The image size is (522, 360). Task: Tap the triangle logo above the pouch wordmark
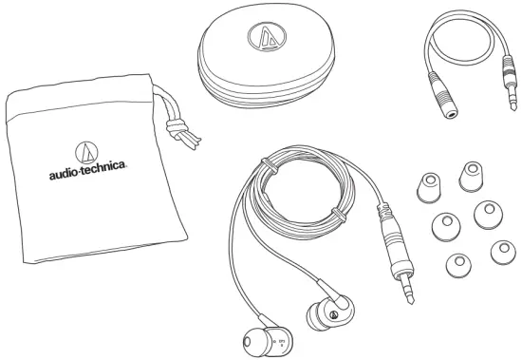point(88,152)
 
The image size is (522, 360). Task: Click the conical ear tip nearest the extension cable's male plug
point(468,172)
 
